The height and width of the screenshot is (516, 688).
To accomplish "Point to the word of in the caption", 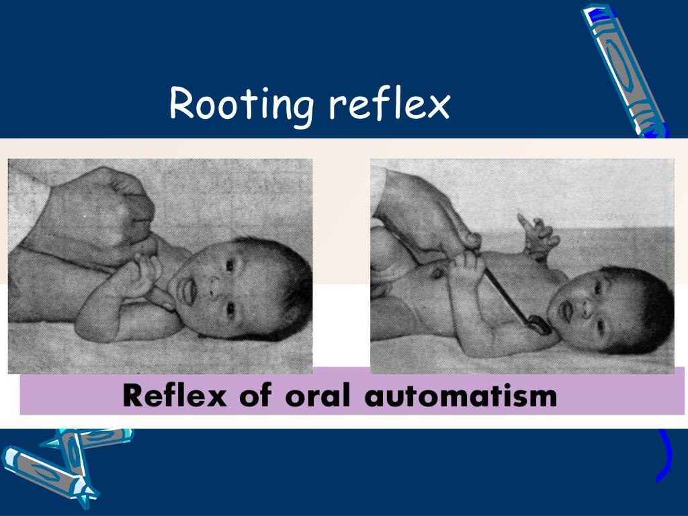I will click(x=256, y=396).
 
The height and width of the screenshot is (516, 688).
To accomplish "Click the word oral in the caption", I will click(x=318, y=396).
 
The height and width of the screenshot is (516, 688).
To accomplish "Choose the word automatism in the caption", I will click(x=460, y=396).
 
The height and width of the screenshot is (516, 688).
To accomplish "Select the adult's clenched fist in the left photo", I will click(x=107, y=215).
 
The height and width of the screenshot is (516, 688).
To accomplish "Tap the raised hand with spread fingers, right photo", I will click(x=537, y=235).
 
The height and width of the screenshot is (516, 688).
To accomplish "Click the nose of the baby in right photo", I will click(x=583, y=310).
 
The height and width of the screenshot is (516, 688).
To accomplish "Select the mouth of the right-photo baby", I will click(x=565, y=310).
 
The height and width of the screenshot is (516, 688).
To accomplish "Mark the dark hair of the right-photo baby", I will click(x=642, y=302).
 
